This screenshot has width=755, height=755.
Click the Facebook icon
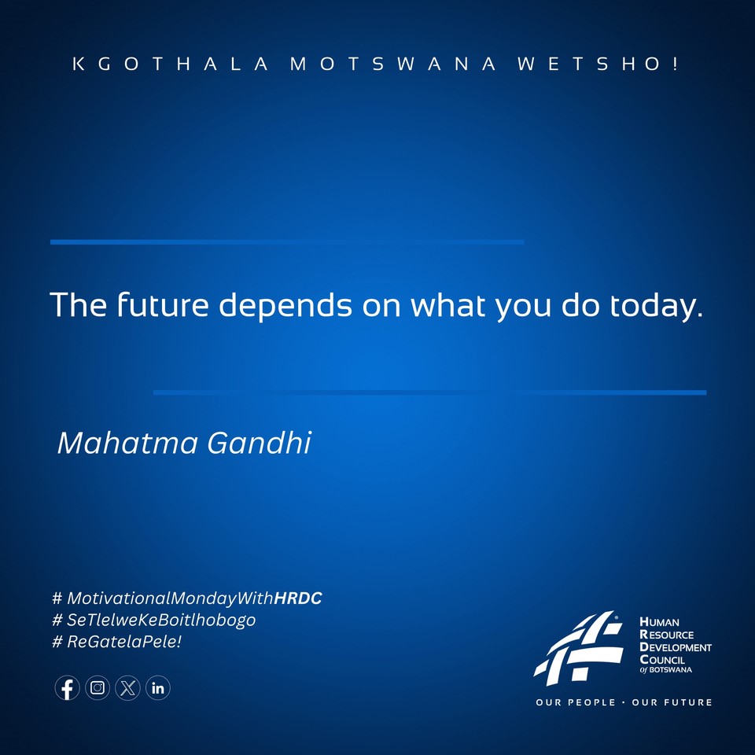68,689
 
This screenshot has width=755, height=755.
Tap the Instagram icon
98,689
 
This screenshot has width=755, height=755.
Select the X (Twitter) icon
128,689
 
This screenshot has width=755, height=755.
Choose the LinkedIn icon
158,689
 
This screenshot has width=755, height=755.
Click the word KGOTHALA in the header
170,64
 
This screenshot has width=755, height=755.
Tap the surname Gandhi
260,444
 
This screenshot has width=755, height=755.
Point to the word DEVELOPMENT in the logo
676,647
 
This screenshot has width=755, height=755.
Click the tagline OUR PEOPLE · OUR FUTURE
624,702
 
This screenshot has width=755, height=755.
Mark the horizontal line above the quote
287,242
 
